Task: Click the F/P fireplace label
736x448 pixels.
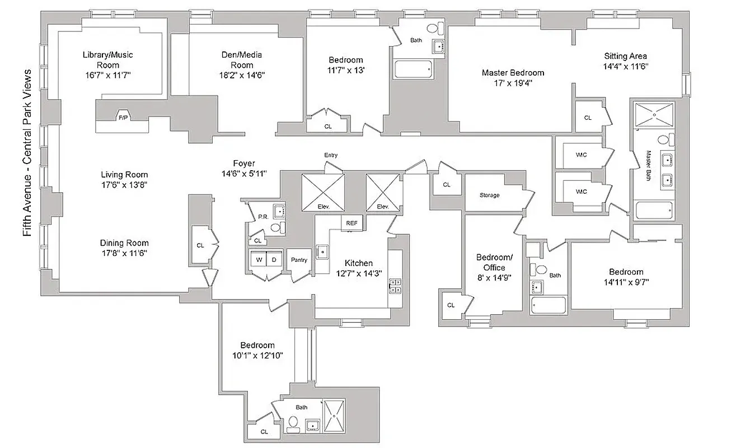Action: (123, 118)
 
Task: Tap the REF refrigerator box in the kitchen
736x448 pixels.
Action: (351, 223)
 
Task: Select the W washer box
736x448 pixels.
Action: (259, 259)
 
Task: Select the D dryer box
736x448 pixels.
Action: (274, 259)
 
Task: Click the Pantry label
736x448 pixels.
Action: (299, 260)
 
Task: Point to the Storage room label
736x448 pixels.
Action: (489, 195)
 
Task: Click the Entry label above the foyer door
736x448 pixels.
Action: (331, 155)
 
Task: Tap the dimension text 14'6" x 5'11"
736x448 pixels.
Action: (244, 174)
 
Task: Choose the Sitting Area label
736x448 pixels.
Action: (625, 56)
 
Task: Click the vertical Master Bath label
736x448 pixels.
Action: (649, 162)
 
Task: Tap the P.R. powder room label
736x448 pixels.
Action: (261, 217)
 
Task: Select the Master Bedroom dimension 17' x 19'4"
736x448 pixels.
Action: (513, 83)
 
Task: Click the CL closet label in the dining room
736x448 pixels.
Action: (200, 245)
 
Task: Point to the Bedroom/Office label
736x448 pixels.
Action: (494, 262)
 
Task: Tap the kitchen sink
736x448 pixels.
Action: (322, 252)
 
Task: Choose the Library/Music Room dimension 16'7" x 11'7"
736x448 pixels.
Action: (107, 74)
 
